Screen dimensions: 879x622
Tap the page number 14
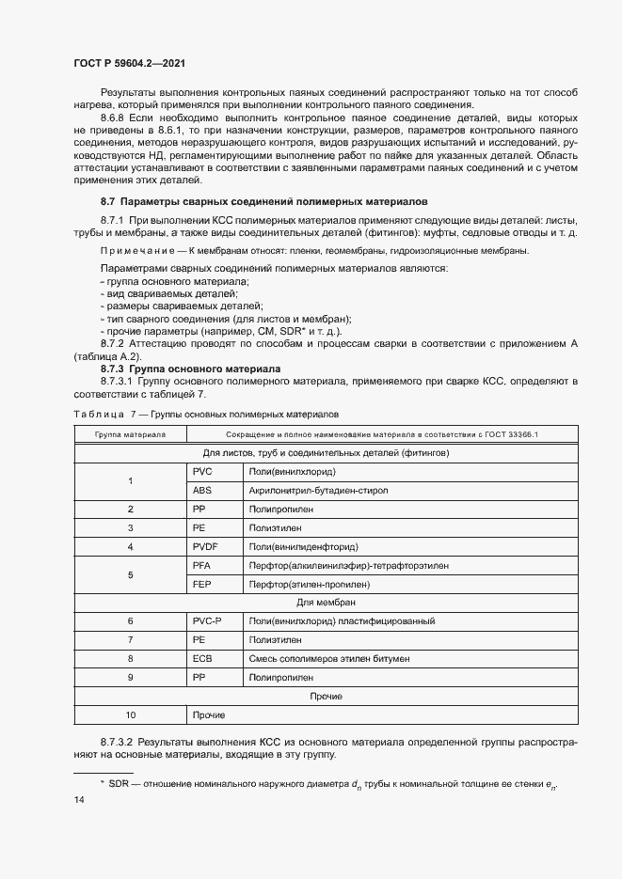(79, 799)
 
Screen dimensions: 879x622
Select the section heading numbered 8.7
(263, 201)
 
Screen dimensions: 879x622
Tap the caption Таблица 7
(101, 414)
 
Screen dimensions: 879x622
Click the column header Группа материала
(130, 434)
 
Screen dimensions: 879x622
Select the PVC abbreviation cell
(203, 471)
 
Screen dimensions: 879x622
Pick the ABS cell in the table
(203, 490)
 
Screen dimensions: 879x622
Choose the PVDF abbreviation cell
(206, 546)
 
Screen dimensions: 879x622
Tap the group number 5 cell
(130, 574)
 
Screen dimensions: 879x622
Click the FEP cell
(201, 584)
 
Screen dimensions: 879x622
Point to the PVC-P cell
(208, 621)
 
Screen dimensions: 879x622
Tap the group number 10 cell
(130, 715)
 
